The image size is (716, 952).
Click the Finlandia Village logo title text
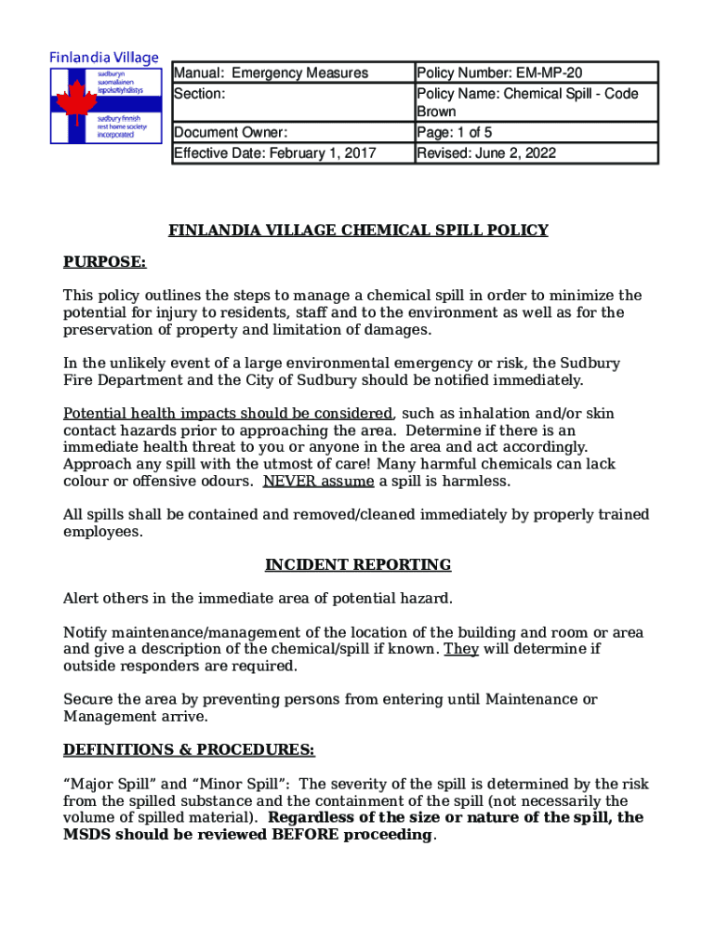pyautogui.click(x=104, y=58)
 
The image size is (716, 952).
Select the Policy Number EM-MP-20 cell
pyautogui.click(x=500, y=73)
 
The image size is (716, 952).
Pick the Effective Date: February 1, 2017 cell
pyautogui.click(x=274, y=153)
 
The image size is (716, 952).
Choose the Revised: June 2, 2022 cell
pyautogui.click(x=486, y=153)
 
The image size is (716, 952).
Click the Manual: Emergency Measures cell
pyautogui.click(x=271, y=73)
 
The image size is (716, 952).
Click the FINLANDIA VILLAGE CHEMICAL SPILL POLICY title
pyautogui.click(x=358, y=231)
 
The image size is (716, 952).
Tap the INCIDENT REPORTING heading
pyautogui.click(x=358, y=565)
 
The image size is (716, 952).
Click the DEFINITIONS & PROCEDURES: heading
pyautogui.click(x=189, y=749)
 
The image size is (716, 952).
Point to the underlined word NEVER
pyautogui.click(x=288, y=482)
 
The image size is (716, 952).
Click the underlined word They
pyautogui.click(x=461, y=649)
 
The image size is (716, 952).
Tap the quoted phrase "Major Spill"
pyautogui.click(x=106, y=783)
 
